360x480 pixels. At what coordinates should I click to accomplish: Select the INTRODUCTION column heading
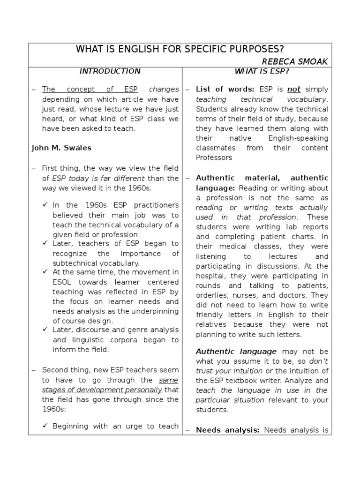point(110,71)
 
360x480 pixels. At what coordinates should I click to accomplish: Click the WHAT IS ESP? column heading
point(262,71)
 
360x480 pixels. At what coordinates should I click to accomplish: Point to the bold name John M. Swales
point(61,148)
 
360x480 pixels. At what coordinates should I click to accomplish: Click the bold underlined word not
point(294,89)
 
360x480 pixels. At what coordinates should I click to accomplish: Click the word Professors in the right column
point(214,157)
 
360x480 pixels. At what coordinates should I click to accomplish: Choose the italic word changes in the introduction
point(164,89)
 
